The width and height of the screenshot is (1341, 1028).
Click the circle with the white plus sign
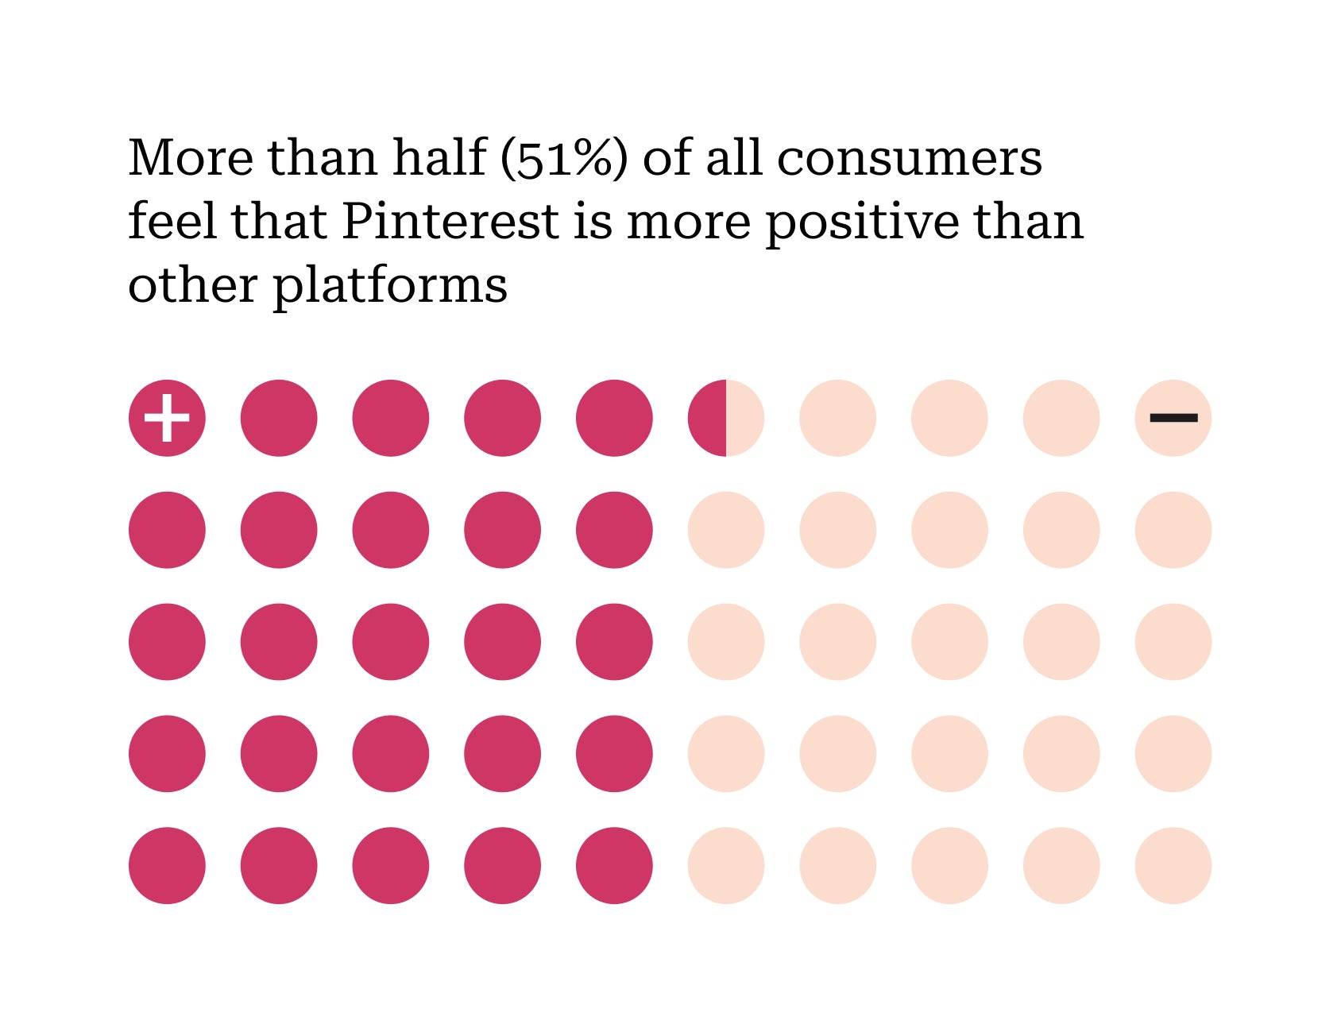(x=167, y=418)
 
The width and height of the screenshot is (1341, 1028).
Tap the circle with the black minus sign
(x=1173, y=418)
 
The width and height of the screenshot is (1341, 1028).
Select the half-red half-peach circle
(x=725, y=418)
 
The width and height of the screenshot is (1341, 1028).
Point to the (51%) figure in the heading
(x=564, y=158)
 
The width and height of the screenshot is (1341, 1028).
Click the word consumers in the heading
(x=909, y=158)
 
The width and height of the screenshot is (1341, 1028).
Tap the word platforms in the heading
(x=390, y=285)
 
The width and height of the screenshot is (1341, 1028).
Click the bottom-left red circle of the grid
(x=167, y=865)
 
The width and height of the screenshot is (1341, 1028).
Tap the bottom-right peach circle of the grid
(x=1173, y=865)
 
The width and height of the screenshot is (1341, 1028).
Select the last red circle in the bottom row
(x=614, y=865)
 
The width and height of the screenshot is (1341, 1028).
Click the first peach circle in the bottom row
(x=725, y=865)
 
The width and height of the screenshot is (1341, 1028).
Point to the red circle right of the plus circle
(x=279, y=418)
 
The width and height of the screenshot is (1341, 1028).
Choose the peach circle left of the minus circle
(x=1061, y=418)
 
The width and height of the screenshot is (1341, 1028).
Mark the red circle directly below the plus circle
(x=167, y=530)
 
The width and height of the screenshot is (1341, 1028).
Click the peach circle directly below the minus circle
(x=1173, y=530)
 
